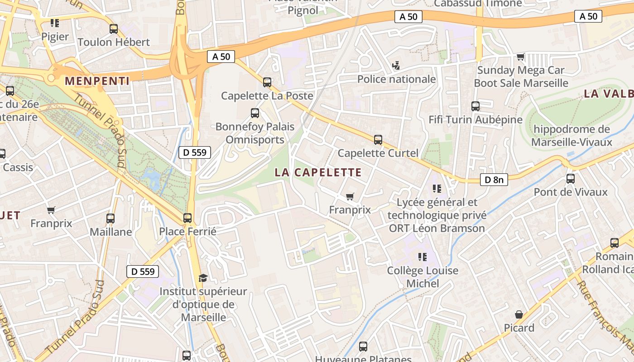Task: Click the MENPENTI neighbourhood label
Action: (97, 81)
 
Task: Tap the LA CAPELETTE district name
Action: (318, 172)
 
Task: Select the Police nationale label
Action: (397, 79)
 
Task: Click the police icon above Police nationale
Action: (396, 66)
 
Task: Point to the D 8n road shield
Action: (494, 180)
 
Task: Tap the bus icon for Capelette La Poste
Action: (267, 82)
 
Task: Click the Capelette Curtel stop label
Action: (378, 153)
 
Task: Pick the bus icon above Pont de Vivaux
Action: (571, 179)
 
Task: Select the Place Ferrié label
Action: (187, 231)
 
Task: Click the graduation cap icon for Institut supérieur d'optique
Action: (203, 278)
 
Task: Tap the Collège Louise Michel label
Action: (423, 277)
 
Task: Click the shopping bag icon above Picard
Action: (519, 314)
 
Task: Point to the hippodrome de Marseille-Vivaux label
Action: (572, 136)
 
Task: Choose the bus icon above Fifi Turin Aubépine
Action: (475, 106)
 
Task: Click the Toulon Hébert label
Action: (114, 42)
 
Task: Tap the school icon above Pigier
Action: (55, 23)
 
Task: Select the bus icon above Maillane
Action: (110, 219)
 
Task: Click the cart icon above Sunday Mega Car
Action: (521, 57)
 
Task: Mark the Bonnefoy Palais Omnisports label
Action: (255, 133)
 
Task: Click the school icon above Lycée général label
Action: (437, 189)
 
